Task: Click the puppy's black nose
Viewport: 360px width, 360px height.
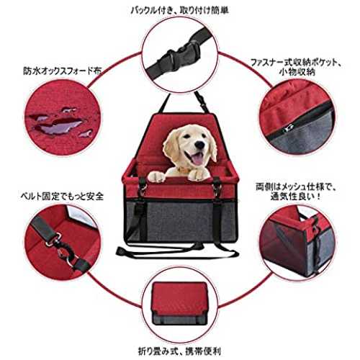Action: coord(199,145)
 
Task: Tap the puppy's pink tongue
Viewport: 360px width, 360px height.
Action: coord(198,158)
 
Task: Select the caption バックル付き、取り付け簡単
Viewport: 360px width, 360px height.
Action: coord(179,10)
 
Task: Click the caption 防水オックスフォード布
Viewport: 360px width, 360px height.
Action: coord(62,71)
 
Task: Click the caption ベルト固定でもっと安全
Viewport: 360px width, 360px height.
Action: coord(62,197)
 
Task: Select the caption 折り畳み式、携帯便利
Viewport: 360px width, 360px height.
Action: coord(179,351)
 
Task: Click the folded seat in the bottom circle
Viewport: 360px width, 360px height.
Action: coord(179,303)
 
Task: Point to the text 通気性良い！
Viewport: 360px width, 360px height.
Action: coord(296,197)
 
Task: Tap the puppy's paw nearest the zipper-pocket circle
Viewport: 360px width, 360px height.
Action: coord(199,174)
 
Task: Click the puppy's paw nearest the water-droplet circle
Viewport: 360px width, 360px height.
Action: coord(156,176)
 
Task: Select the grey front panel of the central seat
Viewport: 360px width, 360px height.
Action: coord(181,221)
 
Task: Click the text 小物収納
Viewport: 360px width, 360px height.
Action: coord(297,72)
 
